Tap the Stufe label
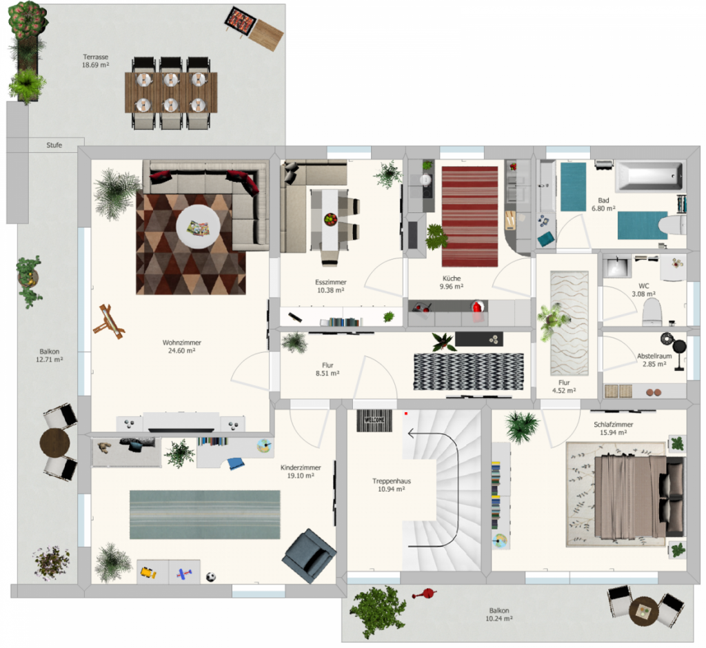54,145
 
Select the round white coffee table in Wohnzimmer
198,227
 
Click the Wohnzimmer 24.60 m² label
182,346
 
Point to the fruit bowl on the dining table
330,219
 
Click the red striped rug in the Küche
470,216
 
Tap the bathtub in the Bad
649,176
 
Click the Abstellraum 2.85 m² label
654,360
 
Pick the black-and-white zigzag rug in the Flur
469,372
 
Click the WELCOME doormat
374,421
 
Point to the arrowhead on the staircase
411,434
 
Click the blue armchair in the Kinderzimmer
309,556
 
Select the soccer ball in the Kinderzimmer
211,576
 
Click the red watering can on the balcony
424,594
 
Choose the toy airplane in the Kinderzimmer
184,574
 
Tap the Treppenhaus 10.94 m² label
392,485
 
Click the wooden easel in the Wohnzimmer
108,321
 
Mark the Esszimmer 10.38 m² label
330,286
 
